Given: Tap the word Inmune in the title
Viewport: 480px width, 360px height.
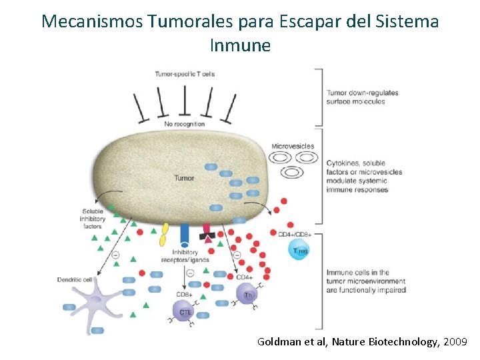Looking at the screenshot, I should [x=240, y=45].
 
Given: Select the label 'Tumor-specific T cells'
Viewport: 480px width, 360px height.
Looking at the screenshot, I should [x=185, y=73].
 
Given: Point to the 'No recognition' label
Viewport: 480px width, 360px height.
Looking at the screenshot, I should [x=185, y=124].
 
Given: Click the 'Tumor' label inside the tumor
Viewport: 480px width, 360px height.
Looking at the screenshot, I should [x=184, y=178].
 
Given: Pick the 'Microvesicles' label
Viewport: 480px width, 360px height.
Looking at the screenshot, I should [x=293, y=146].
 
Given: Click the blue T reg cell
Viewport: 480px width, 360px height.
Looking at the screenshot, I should [x=299, y=250].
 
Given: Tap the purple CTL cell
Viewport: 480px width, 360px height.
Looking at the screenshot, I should [x=184, y=309].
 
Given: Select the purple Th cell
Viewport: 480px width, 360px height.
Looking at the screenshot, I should [x=248, y=294].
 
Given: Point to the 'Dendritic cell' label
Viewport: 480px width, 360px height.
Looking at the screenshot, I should [x=75, y=280].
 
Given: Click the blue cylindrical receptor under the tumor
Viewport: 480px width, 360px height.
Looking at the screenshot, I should [x=185, y=235].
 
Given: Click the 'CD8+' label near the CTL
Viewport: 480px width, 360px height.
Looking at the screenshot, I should [x=185, y=293].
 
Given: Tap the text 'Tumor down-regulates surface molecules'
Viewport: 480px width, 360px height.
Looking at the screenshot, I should [x=362, y=97].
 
